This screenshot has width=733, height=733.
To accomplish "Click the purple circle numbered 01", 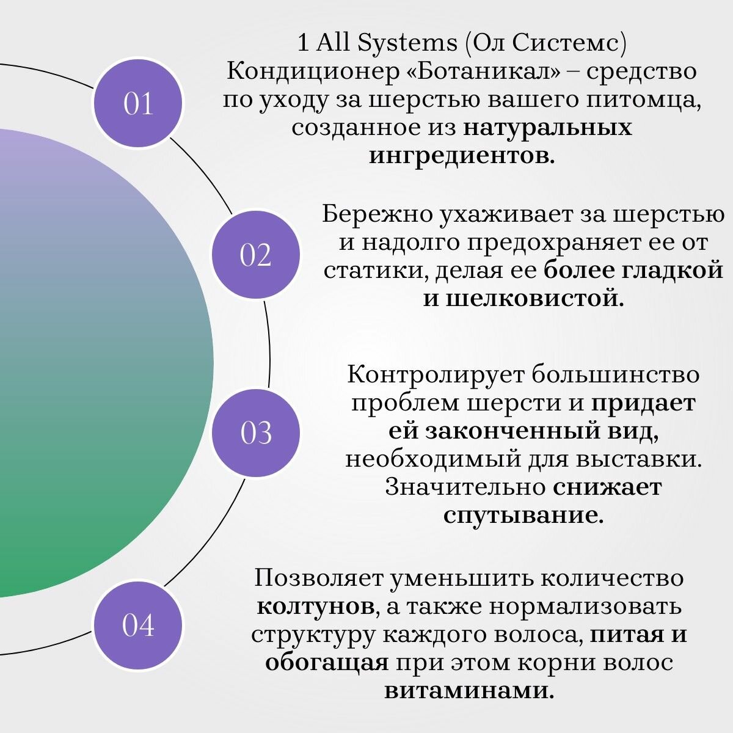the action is point(138,103).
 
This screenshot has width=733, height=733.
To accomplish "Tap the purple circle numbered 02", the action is point(256,255).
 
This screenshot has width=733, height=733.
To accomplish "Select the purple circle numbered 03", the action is point(256,432).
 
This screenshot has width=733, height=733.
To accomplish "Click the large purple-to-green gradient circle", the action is point(92,363).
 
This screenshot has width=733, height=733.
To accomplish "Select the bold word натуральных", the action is point(547,128).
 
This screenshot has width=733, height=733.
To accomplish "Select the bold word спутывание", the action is point(523,515).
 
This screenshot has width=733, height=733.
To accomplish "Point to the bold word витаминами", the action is point(470,691).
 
